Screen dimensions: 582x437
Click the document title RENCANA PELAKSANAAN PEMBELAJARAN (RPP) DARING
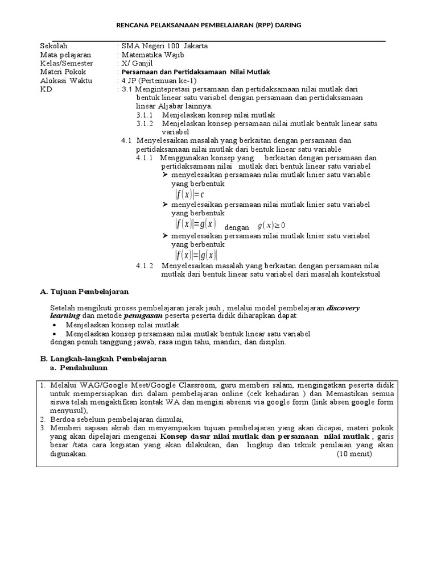[x=208, y=26]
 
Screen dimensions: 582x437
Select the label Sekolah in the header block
[x=53, y=45]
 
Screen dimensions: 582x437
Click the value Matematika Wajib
[x=152, y=55]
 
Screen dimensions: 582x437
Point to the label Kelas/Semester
[x=67, y=63]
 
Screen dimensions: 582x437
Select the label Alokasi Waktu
[x=65, y=81]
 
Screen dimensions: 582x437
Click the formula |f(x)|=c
[x=190, y=194]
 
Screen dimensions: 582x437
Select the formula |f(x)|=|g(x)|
[x=196, y=255]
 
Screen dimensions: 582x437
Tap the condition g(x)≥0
[x=271, y=225]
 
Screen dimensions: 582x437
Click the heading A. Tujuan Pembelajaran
[x=84, y=292]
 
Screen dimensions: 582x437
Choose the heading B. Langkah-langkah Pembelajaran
[x=103, y=359]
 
